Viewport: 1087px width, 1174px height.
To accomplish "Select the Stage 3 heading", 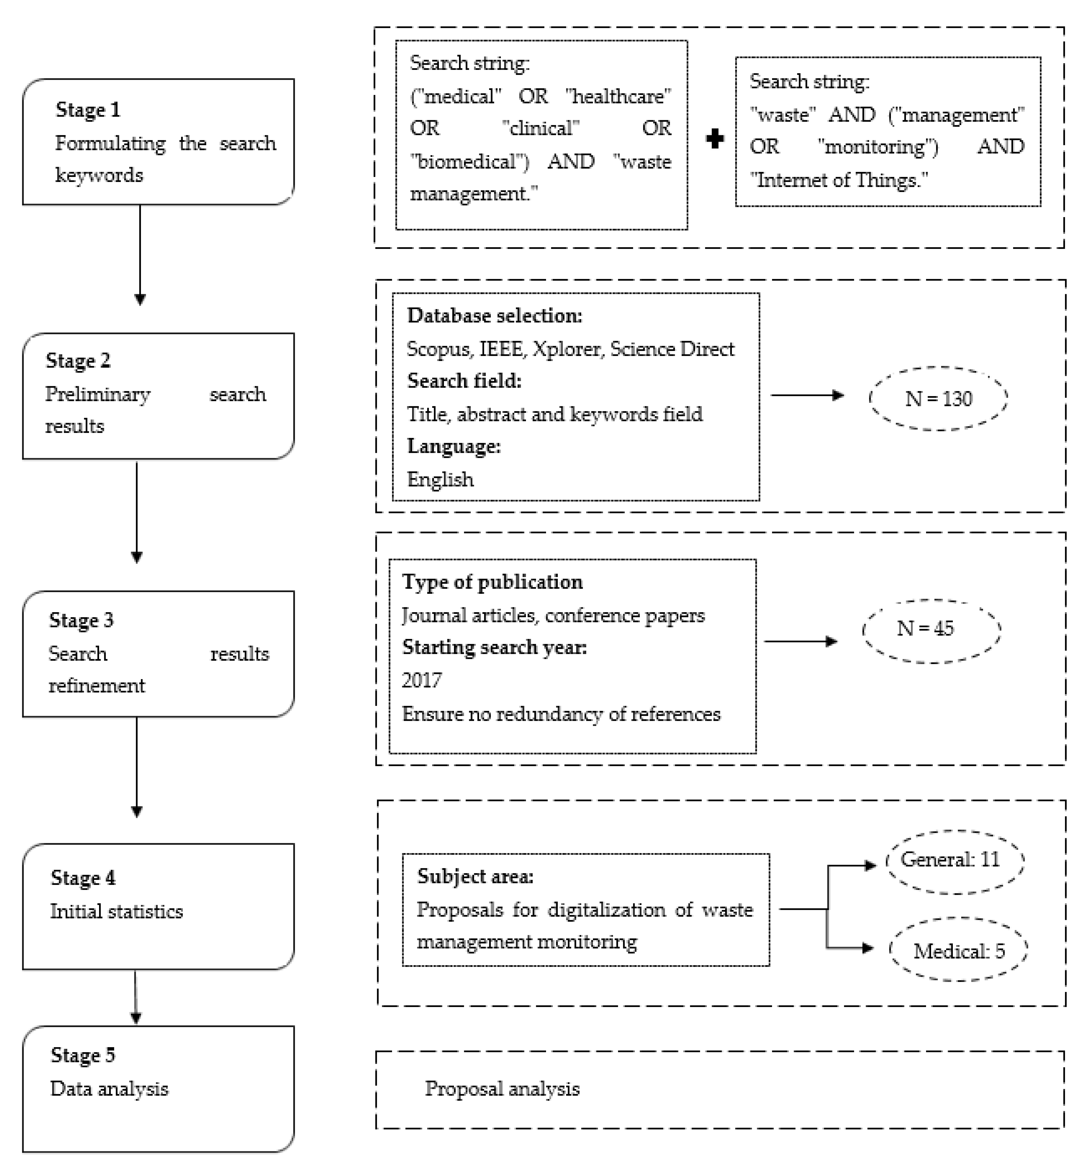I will (x=81, y=620).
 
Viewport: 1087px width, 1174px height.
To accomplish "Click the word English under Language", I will (x=440, y=480).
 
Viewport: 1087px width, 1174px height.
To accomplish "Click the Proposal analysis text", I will (x=502, y=1089).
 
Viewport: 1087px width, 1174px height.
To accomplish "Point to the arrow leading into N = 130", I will (x=807, y=396).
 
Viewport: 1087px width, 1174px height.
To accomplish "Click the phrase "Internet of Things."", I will (x=839, y=180).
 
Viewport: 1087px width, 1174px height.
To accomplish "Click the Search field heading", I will (x=464, y=381).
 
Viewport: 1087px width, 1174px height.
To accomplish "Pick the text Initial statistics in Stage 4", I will (x=116, y=911).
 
